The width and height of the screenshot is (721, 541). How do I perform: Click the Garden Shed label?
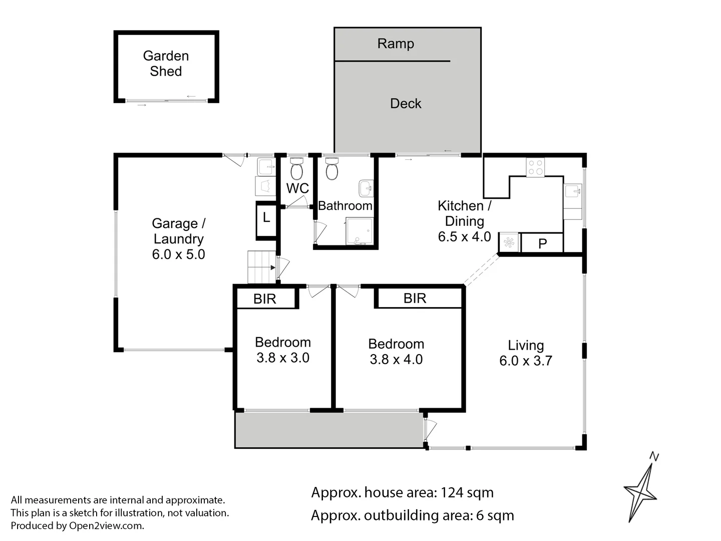166,64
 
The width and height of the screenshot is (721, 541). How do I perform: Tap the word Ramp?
396,44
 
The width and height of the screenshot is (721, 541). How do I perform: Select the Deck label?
406,104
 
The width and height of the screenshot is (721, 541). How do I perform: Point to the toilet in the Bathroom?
331,169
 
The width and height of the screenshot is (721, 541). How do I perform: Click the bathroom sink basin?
366,189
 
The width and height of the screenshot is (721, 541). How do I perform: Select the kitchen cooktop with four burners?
535,167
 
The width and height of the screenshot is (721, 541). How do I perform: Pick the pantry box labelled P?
542,243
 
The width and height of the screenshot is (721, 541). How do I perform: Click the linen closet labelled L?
266,218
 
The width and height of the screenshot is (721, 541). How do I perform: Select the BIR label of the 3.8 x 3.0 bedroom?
265,299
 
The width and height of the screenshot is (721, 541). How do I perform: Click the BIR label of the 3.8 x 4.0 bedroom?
415,299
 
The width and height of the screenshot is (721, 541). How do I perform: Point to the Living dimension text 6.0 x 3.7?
526,361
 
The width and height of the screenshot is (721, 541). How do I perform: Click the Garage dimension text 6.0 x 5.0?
179,254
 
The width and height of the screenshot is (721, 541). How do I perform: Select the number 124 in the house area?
452,493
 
